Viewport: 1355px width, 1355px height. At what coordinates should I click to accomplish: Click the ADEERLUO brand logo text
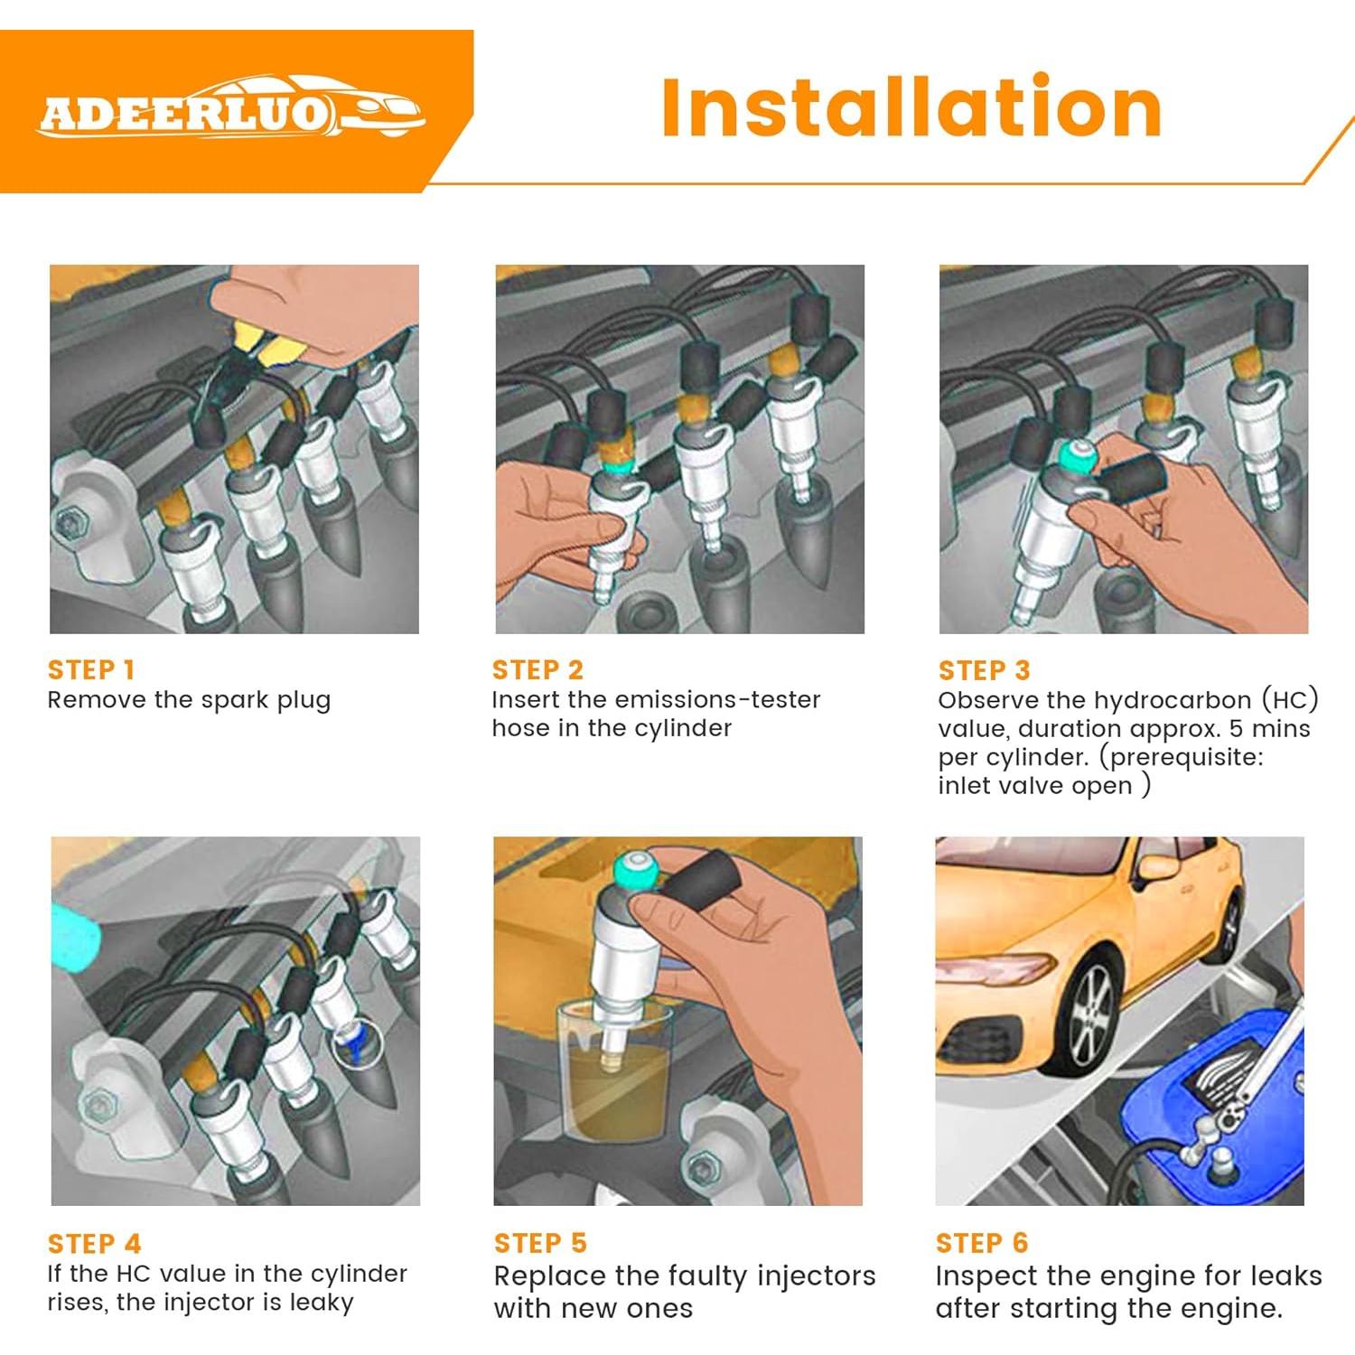click(181, 115)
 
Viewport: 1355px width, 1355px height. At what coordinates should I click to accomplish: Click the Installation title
click(911, 108)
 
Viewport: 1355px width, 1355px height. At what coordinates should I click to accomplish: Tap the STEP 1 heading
click(91, 669)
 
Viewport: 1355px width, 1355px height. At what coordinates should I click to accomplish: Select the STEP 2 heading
click(537, 669)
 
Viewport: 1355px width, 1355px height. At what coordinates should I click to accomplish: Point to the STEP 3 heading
click(984, 670)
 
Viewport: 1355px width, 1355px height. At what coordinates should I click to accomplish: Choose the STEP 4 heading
click(94, 1244)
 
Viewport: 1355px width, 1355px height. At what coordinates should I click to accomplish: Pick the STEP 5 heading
click(540, 1243)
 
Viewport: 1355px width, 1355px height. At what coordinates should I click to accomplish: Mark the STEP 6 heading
click(982, 1243)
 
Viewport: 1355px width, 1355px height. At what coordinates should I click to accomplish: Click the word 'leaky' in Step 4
click(322, 1303)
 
